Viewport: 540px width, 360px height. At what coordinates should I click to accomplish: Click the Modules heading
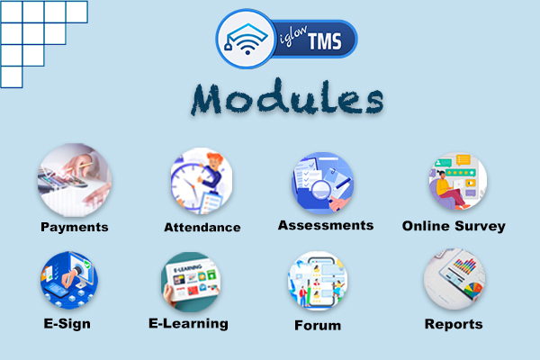287,97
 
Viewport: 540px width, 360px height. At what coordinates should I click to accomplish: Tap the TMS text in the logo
325,41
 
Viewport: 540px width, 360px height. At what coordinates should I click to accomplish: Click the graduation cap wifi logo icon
247,39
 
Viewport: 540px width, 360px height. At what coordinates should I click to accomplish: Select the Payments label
75,228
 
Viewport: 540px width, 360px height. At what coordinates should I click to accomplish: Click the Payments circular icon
75,180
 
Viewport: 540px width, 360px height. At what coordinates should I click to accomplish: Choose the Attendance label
202,228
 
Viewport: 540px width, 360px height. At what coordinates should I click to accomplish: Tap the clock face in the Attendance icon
189,186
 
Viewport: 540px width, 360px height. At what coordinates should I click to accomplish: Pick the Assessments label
326,225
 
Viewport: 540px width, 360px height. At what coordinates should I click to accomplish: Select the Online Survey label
454,226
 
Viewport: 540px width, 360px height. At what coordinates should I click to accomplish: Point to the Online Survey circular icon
458,181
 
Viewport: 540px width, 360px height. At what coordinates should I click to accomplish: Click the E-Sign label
67,324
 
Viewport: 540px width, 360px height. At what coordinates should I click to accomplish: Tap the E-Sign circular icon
69,280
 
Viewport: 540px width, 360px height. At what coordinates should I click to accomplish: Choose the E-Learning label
188,324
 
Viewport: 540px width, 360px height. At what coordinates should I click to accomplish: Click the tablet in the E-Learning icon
192,282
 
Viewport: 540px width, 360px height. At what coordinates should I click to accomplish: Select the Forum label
318,326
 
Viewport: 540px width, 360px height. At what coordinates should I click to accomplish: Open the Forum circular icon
318,281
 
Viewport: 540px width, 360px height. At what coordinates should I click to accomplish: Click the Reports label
454,324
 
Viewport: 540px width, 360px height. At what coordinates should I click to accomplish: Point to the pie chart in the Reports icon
472,290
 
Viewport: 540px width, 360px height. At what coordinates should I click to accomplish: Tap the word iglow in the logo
292,35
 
